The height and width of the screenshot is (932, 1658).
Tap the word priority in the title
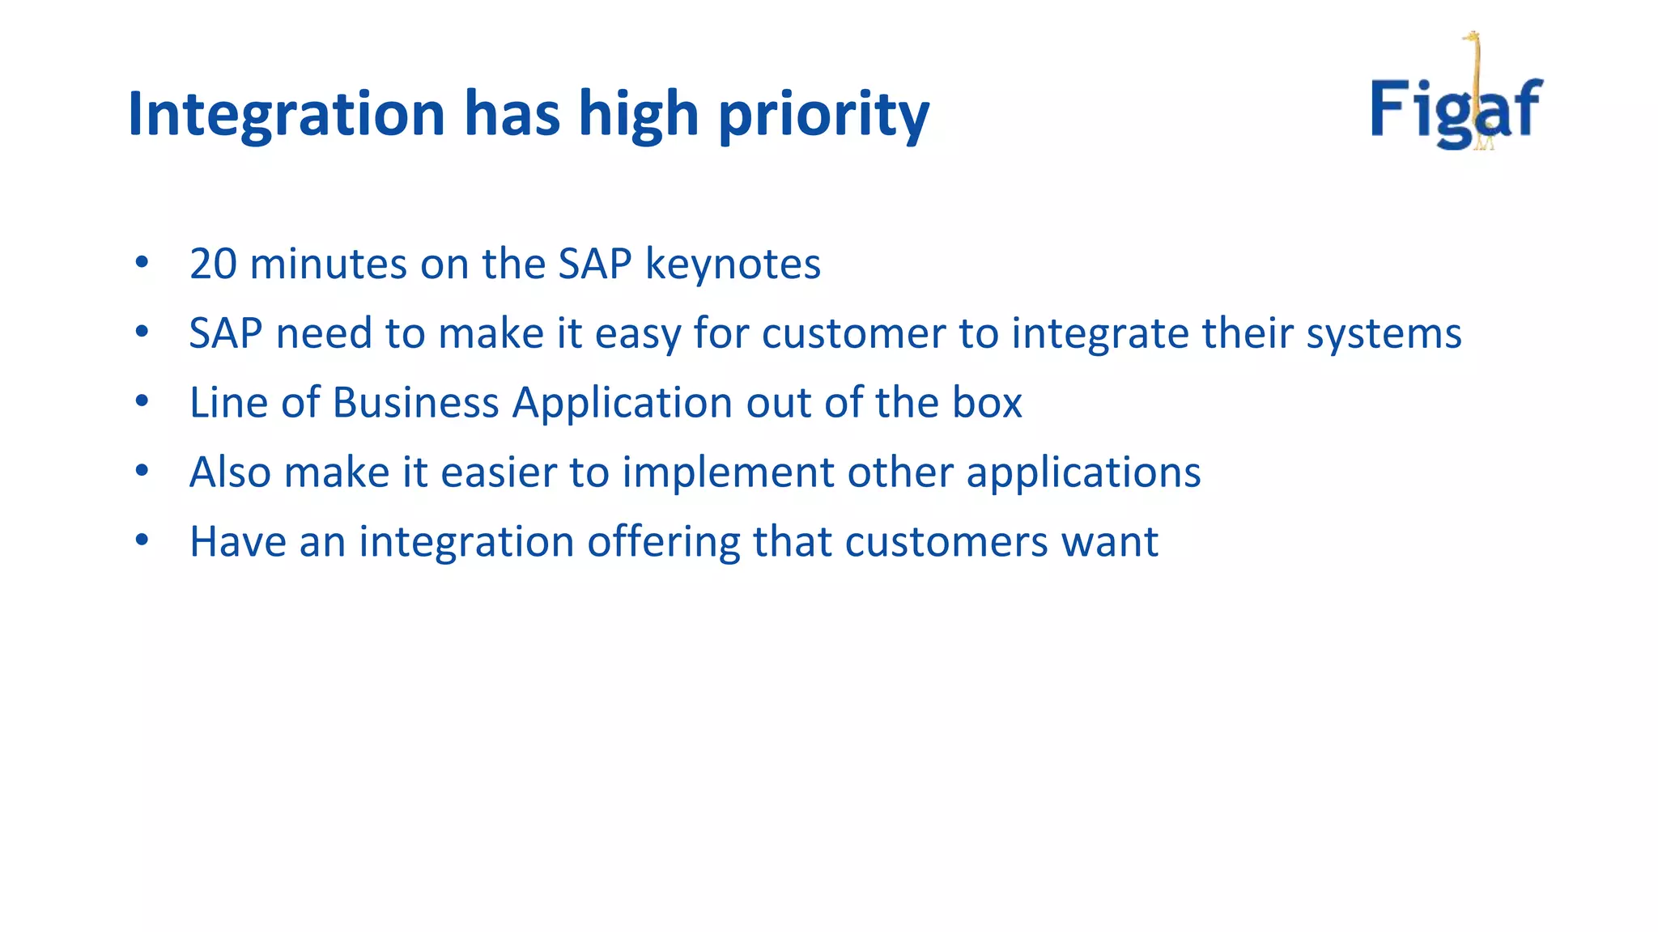click(x=823, y=115)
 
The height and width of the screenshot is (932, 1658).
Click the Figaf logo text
click(x=1456, y=109)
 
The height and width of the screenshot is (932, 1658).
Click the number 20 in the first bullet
click(x=213, y=264)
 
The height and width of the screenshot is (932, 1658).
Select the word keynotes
click(x=733, y=265)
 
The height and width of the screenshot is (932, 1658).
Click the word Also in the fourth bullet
click(x=230, y=472)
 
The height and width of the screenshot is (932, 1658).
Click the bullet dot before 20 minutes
click(x=142, y=262)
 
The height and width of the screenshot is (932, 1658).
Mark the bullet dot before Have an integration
click(x=142, y=540)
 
